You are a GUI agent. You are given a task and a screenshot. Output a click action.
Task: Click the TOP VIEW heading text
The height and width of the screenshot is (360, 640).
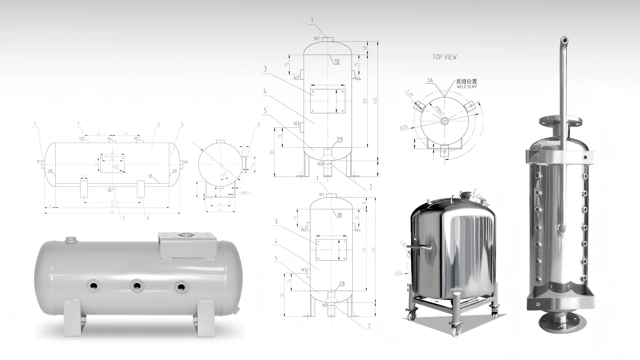pyautogui.click(x=444, y=57)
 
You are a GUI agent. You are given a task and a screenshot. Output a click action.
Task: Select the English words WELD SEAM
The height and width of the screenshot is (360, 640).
pyautogui.click(x=467, y=87)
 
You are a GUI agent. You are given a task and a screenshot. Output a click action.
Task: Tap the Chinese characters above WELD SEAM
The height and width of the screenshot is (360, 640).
pyautogui.click(x=467, y=81)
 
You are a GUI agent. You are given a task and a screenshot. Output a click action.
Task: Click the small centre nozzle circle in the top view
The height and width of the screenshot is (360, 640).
pyautogui.click(x=445, y=121)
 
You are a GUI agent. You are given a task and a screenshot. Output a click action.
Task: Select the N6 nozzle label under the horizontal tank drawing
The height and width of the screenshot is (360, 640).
pyautogui.click(x=109, y=191)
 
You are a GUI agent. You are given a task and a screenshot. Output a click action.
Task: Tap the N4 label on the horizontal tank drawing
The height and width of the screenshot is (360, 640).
pyautogui.click(x=109, y=138)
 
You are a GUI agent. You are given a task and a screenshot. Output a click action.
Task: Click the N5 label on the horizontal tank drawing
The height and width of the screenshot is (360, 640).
pyautogui.click(x=136, y=138)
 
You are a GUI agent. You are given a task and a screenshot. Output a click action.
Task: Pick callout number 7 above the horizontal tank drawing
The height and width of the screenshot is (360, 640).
pyautogui.click(x=78, y=124)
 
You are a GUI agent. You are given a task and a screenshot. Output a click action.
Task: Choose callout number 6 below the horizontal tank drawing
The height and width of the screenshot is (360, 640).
pyautogui.click(x=148, y=218)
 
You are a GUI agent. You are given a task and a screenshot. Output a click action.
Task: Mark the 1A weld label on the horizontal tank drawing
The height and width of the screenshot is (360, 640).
pyautogui.click(x=150, y=175)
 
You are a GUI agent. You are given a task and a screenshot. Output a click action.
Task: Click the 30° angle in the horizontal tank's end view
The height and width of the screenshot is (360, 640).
pyautogui.click(x=223, y=176)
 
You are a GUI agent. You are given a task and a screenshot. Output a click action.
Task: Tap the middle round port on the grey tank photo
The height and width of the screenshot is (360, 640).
pyautogui.click(x=136, y=286)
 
